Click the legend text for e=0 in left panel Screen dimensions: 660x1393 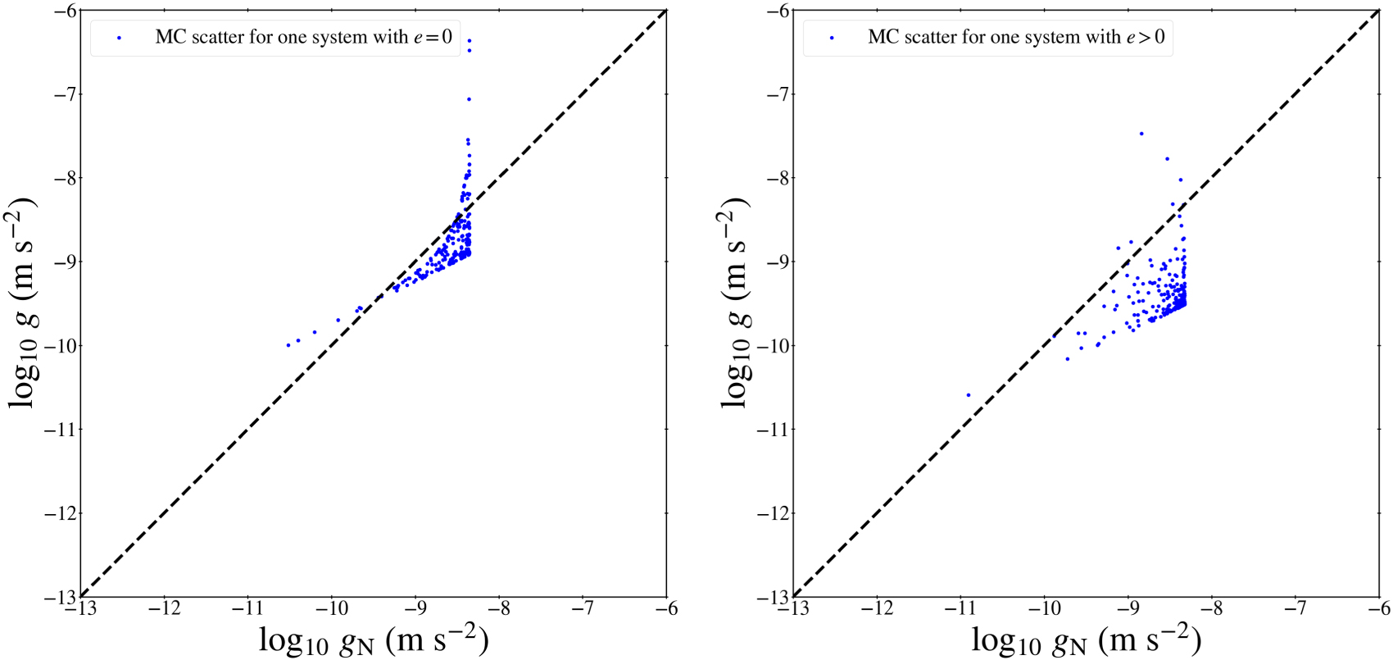(303, 37)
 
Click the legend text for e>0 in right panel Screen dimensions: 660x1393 (1016, 37)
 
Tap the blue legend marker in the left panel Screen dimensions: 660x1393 (120, 38)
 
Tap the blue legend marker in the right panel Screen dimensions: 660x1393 (833, 38)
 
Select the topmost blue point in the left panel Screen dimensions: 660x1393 (469, 40)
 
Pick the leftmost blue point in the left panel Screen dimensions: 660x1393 (288, 345)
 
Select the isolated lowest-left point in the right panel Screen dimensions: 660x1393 (968, 395)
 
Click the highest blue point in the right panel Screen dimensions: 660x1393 (1141, 134)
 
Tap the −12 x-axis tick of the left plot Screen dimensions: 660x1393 (164, 609)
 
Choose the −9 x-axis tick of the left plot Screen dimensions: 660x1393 (415, 609)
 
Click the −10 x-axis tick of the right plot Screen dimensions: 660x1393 (1044, 609)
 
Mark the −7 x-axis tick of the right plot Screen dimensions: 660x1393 (1295, 609)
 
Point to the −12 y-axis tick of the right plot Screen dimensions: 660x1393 (775, 513)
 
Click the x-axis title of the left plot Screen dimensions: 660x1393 (374, 640)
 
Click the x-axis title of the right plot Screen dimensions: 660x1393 (1087, 640)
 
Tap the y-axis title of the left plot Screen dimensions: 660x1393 (23, 303)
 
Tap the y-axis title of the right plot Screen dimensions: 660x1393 (736, 303)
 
